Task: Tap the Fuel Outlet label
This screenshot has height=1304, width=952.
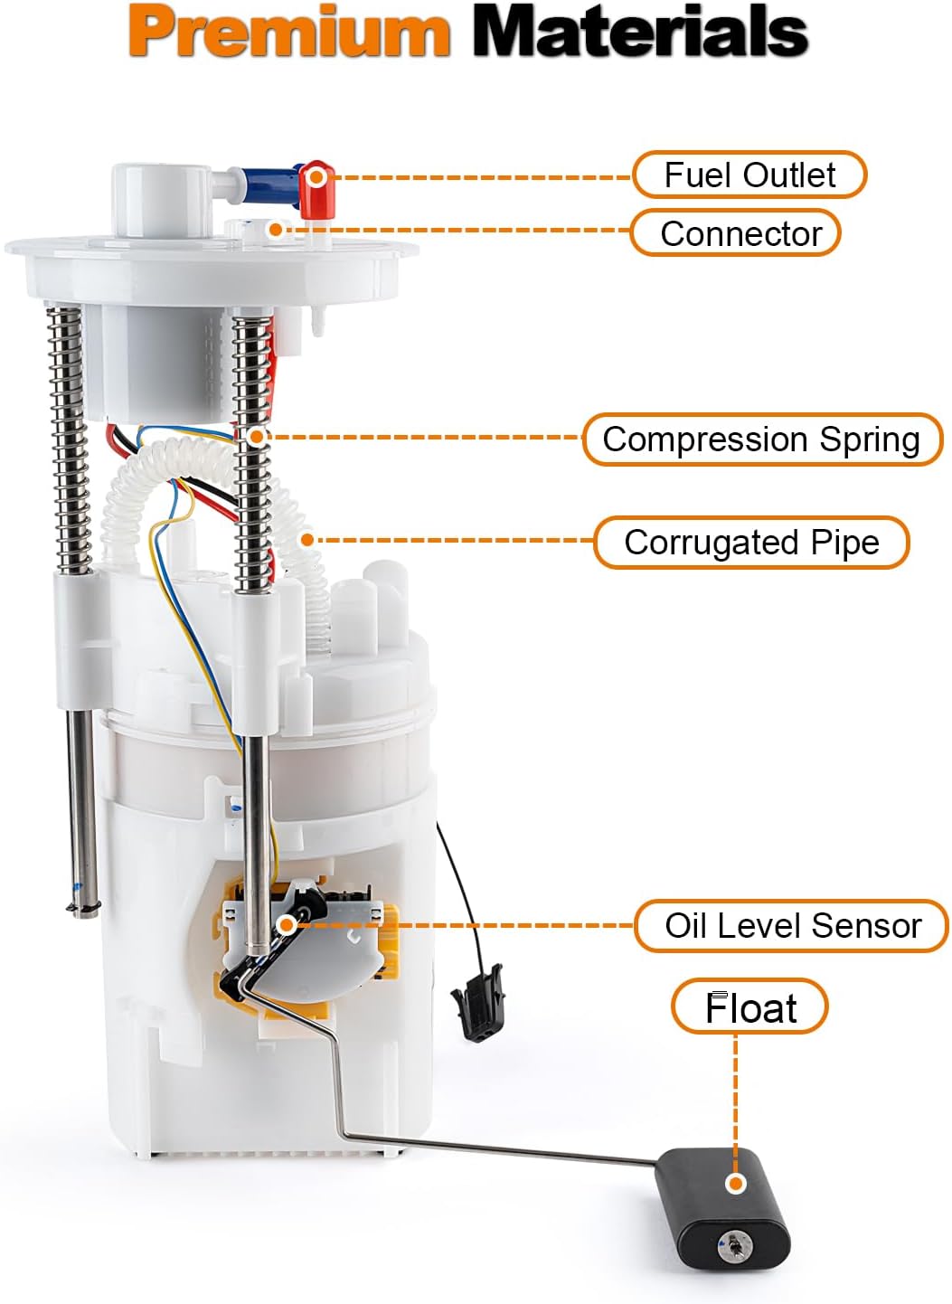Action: pos(749,175)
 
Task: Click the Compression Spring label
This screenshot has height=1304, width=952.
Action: pos(761,439)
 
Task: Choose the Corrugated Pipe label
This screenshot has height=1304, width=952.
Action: pos(751,543)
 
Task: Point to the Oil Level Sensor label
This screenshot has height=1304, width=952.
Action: pos(792,925)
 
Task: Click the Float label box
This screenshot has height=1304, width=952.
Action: pos(749,1006)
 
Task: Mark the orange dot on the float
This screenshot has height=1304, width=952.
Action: pos(736,1183)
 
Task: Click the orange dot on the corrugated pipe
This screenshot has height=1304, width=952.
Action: pos(307,541)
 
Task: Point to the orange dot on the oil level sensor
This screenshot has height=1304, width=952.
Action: pos(286,924)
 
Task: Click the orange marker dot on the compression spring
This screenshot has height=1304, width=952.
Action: pos(256,436)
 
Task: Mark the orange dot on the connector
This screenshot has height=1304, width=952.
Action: pos(275,229)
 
